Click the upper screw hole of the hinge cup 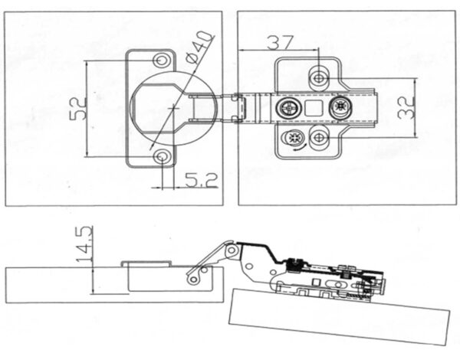(162, 60)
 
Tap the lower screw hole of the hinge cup (162, 156)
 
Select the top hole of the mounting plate (320, 74)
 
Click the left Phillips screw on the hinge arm (289, 106)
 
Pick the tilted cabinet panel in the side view (337, 314)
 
